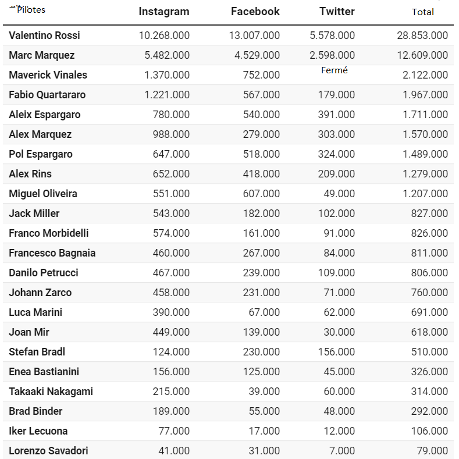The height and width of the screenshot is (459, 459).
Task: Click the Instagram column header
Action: pyautogui.click(x=163, y=12)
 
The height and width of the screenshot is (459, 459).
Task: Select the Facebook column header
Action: pyautogui.click(x=255, y=12)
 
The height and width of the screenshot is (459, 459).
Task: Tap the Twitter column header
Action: pyautogui.click(x=337, y=12)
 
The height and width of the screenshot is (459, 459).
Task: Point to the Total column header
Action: pyautogui.click(x=423, y=12)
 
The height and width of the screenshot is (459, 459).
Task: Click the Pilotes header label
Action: pyautogui.click(x=31, y=10)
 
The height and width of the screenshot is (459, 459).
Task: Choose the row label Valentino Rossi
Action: pyautogui.click(x=44, y=35)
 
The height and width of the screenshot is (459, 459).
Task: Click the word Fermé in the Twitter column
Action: pyautogui.click(x=334, y=70)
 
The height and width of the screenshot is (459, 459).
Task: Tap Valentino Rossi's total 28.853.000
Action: pyautogui.click(x=422, y=35)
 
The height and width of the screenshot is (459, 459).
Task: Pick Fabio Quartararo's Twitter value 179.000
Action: pyautogui.click(x=336, y=95)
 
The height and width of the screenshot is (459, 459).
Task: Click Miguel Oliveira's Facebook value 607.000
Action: pyautogui.click(x=261, y=194)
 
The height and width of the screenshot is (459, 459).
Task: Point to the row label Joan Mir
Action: pyautogui.click(x=29, y=332)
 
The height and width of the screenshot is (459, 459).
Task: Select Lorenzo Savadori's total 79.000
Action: pyautogui.click(x=432, y=451)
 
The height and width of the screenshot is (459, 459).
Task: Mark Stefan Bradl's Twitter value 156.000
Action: pyautogui.click(x=336, y=352)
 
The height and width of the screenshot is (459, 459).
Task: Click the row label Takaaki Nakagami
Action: pyautogui.click(x=51, y=392)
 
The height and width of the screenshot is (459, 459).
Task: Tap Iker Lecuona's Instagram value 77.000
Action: pyautogui.click(x=174, y=431)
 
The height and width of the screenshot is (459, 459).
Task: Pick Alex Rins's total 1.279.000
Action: pyautogui.click(x=425, y=174)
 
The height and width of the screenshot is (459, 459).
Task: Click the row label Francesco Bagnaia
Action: pyautogui.click(x=52, y=253)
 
